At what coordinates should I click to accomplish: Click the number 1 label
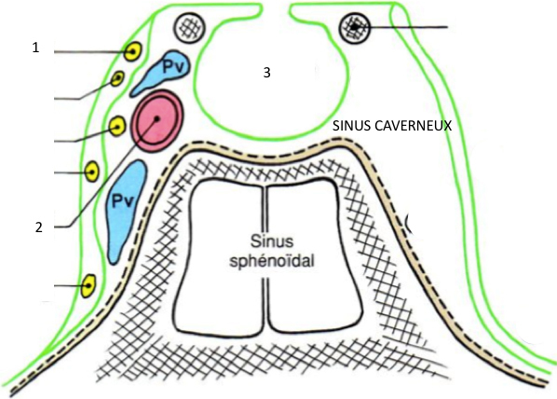click(x=35, y=48)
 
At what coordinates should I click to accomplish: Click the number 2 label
click(x=39, y=227)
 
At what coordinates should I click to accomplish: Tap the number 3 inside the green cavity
click(x=266, y=73)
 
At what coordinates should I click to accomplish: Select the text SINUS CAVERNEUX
click(x=392, y=126)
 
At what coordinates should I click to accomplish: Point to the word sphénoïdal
click(x=273, y=262)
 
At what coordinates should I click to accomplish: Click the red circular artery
click(x=157, y=120)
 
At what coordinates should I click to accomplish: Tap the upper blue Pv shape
click(x=161, y=72)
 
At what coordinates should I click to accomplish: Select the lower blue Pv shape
click(x=126, y=210)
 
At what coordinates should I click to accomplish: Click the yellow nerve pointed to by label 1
click(x=133, y=51)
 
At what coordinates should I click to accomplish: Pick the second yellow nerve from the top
click(x=117, y=78)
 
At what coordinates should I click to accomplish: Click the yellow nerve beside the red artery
click(x=116, y=126)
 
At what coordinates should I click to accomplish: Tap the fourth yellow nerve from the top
click(x=92, y=172)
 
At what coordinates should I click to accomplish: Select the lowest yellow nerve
click(x=88, y=285)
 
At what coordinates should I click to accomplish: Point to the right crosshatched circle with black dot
click(x=354, y=27)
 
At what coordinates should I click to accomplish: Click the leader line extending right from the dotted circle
click(x=401, y=27)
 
